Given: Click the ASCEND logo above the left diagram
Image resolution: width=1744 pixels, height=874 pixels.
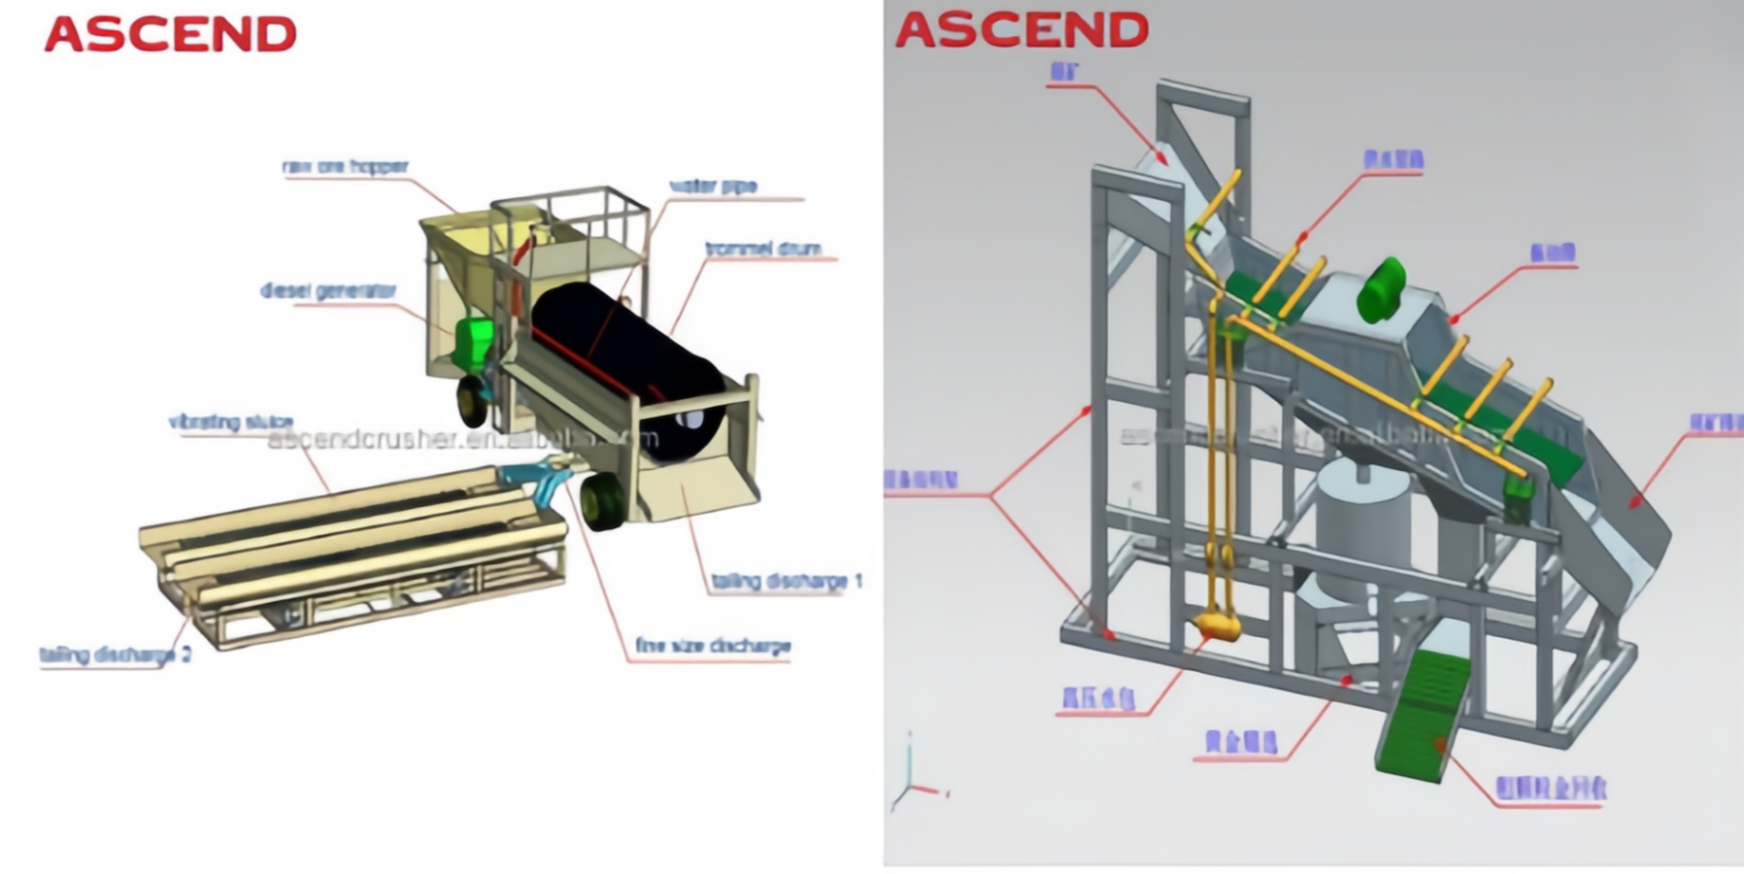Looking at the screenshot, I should (170, 35).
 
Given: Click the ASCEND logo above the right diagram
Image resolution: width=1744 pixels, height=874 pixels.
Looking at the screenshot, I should (1022, 30).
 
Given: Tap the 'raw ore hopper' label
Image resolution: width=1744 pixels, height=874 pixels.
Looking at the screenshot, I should (346, 167).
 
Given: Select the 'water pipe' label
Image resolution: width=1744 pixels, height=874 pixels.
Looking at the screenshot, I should (713, 186).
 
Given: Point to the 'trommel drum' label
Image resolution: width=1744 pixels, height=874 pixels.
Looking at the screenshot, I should (763, 249).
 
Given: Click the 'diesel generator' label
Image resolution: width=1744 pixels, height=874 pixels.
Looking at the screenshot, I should (328, 290).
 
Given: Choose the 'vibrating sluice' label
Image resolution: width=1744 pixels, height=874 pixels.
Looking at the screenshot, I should (230, 421).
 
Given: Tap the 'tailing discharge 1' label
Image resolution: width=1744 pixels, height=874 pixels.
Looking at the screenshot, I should (787, 581).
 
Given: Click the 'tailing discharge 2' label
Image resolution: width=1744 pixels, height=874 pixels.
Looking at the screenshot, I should (115, 655).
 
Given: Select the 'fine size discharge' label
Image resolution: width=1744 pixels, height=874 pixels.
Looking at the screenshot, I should (712, 646).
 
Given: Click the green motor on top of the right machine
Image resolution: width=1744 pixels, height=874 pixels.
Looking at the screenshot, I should (1381, 288).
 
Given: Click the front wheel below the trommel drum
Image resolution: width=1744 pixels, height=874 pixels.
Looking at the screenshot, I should (603, 501).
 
